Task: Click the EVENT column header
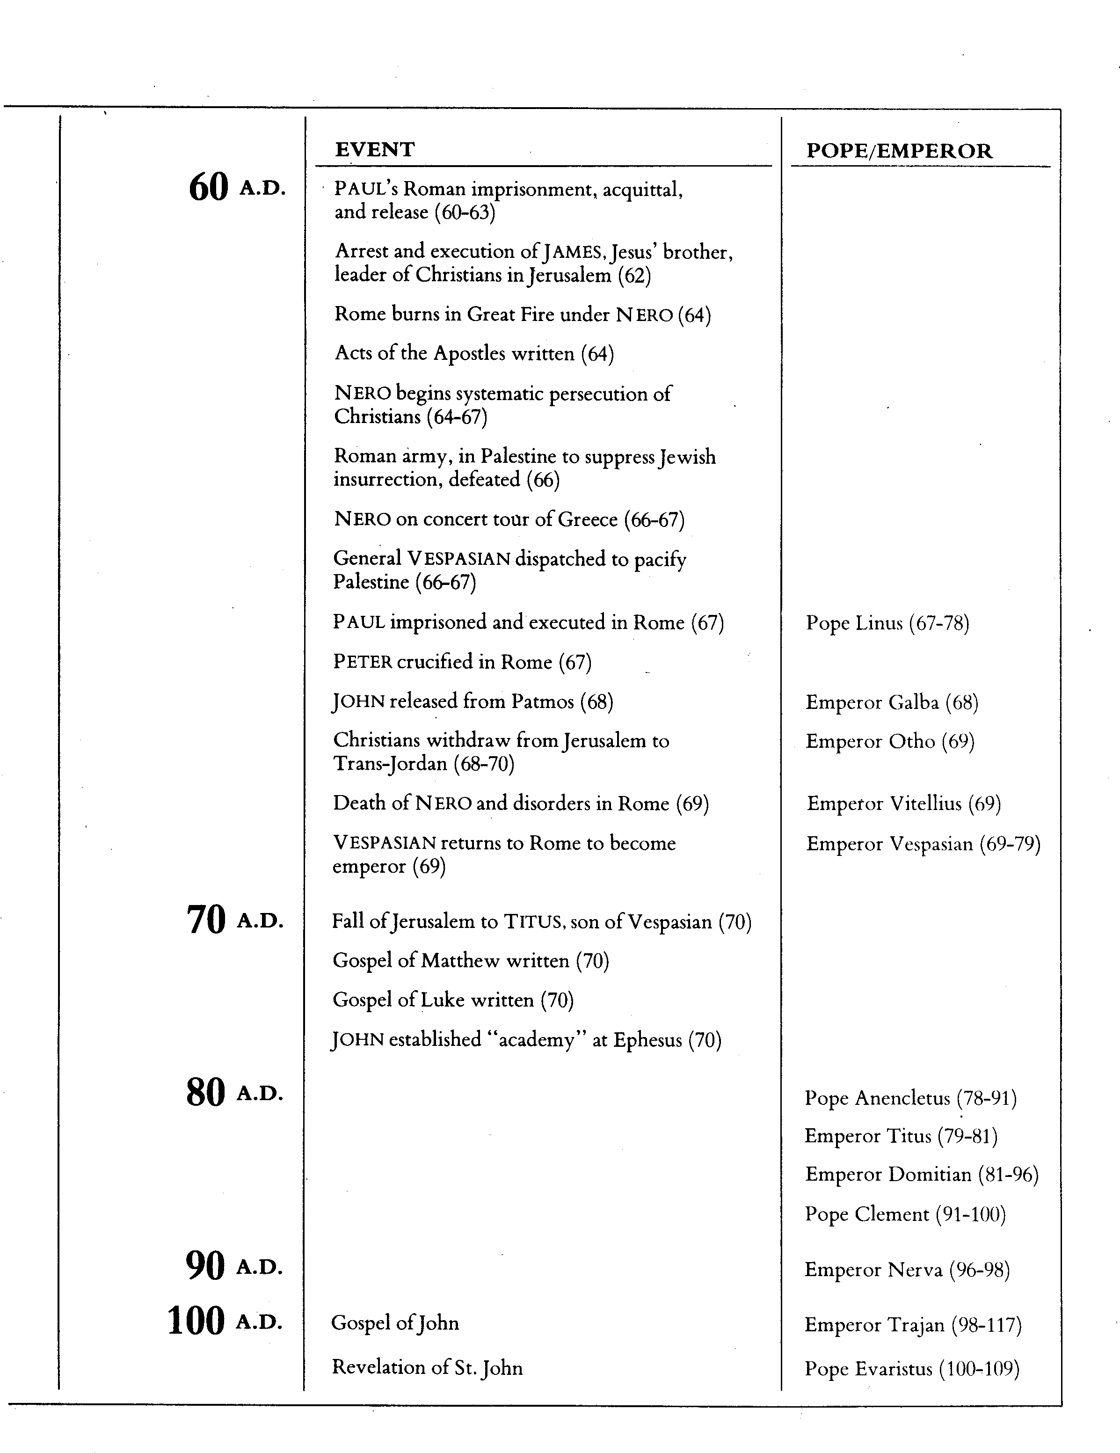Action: click(x=374, y=150)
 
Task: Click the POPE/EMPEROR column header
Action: click(x=899, y=151)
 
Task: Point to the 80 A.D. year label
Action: click(x=234, y=1093)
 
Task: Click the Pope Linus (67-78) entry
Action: click(x=887, y=623)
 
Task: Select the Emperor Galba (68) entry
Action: click(x=891, y=702)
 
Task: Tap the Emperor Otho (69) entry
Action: click(x=890, y=742)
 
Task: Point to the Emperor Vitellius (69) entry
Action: click(x=903, y=803)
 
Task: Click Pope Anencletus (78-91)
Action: click(x=910, y=1098)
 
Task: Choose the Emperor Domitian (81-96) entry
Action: click(x=921, y=1175)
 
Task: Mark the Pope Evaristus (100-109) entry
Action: click(x=911, y=1369)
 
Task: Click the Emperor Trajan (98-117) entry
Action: click(x=912, y=1325)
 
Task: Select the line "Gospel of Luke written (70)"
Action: click(x=453, y=1000)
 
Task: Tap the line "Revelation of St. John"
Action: click(x=427, y=1368)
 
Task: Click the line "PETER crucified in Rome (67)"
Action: click(x=462, y=662)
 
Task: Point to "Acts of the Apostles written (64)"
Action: click(x=473, y=353)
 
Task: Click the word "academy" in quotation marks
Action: click(x=536, y=1040)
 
